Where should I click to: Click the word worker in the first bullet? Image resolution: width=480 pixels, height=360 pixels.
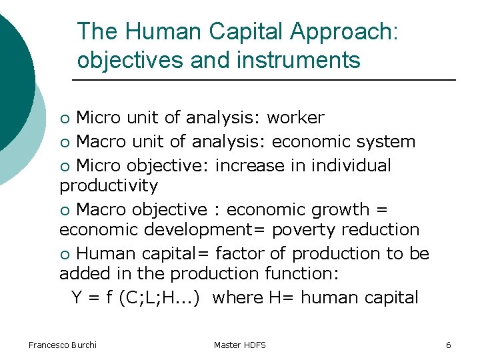tap(295, 118)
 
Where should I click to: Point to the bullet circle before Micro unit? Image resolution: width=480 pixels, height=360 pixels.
tap(64, 119)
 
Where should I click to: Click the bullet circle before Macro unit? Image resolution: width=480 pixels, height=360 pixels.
tap(64, 143)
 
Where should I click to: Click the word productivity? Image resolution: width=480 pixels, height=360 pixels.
tap(109, 185)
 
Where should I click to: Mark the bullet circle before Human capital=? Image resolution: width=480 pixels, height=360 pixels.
tap(64, 255)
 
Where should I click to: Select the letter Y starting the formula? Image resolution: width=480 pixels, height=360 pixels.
tap(77, 297)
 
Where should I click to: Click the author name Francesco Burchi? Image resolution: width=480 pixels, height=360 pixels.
tap(63, 345)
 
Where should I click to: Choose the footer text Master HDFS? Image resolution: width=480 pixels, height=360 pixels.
tap(240, 345)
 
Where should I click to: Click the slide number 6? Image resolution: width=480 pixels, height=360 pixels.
tap(449, 345)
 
